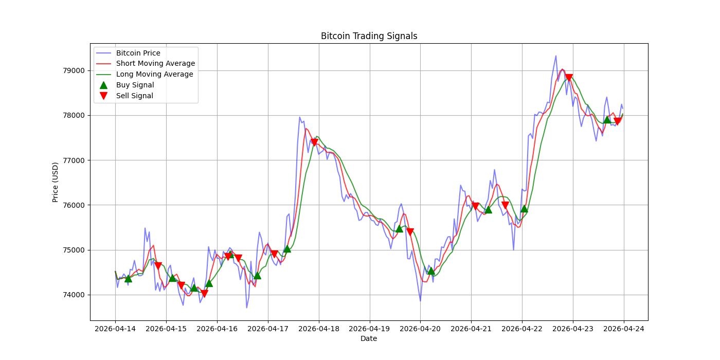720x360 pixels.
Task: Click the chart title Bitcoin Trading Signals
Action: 369,36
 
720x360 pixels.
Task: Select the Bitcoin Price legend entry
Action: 138,53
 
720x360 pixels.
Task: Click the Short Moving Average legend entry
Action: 155,64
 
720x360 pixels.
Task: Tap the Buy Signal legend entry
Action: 135,85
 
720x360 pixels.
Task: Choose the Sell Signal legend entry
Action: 134,96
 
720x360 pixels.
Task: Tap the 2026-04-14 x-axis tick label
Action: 115,328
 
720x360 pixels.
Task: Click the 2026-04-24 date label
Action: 624,328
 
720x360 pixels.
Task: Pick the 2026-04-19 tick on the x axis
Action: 369,328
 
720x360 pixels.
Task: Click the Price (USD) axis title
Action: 56,182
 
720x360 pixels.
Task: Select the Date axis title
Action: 369,338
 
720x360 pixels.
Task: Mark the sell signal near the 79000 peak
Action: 569,78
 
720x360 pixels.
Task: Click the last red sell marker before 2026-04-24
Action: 618,121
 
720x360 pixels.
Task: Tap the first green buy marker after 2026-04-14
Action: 128,278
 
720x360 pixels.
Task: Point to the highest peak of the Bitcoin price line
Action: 555,56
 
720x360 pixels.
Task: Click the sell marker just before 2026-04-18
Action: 314,142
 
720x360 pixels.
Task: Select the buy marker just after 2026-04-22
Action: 524,208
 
